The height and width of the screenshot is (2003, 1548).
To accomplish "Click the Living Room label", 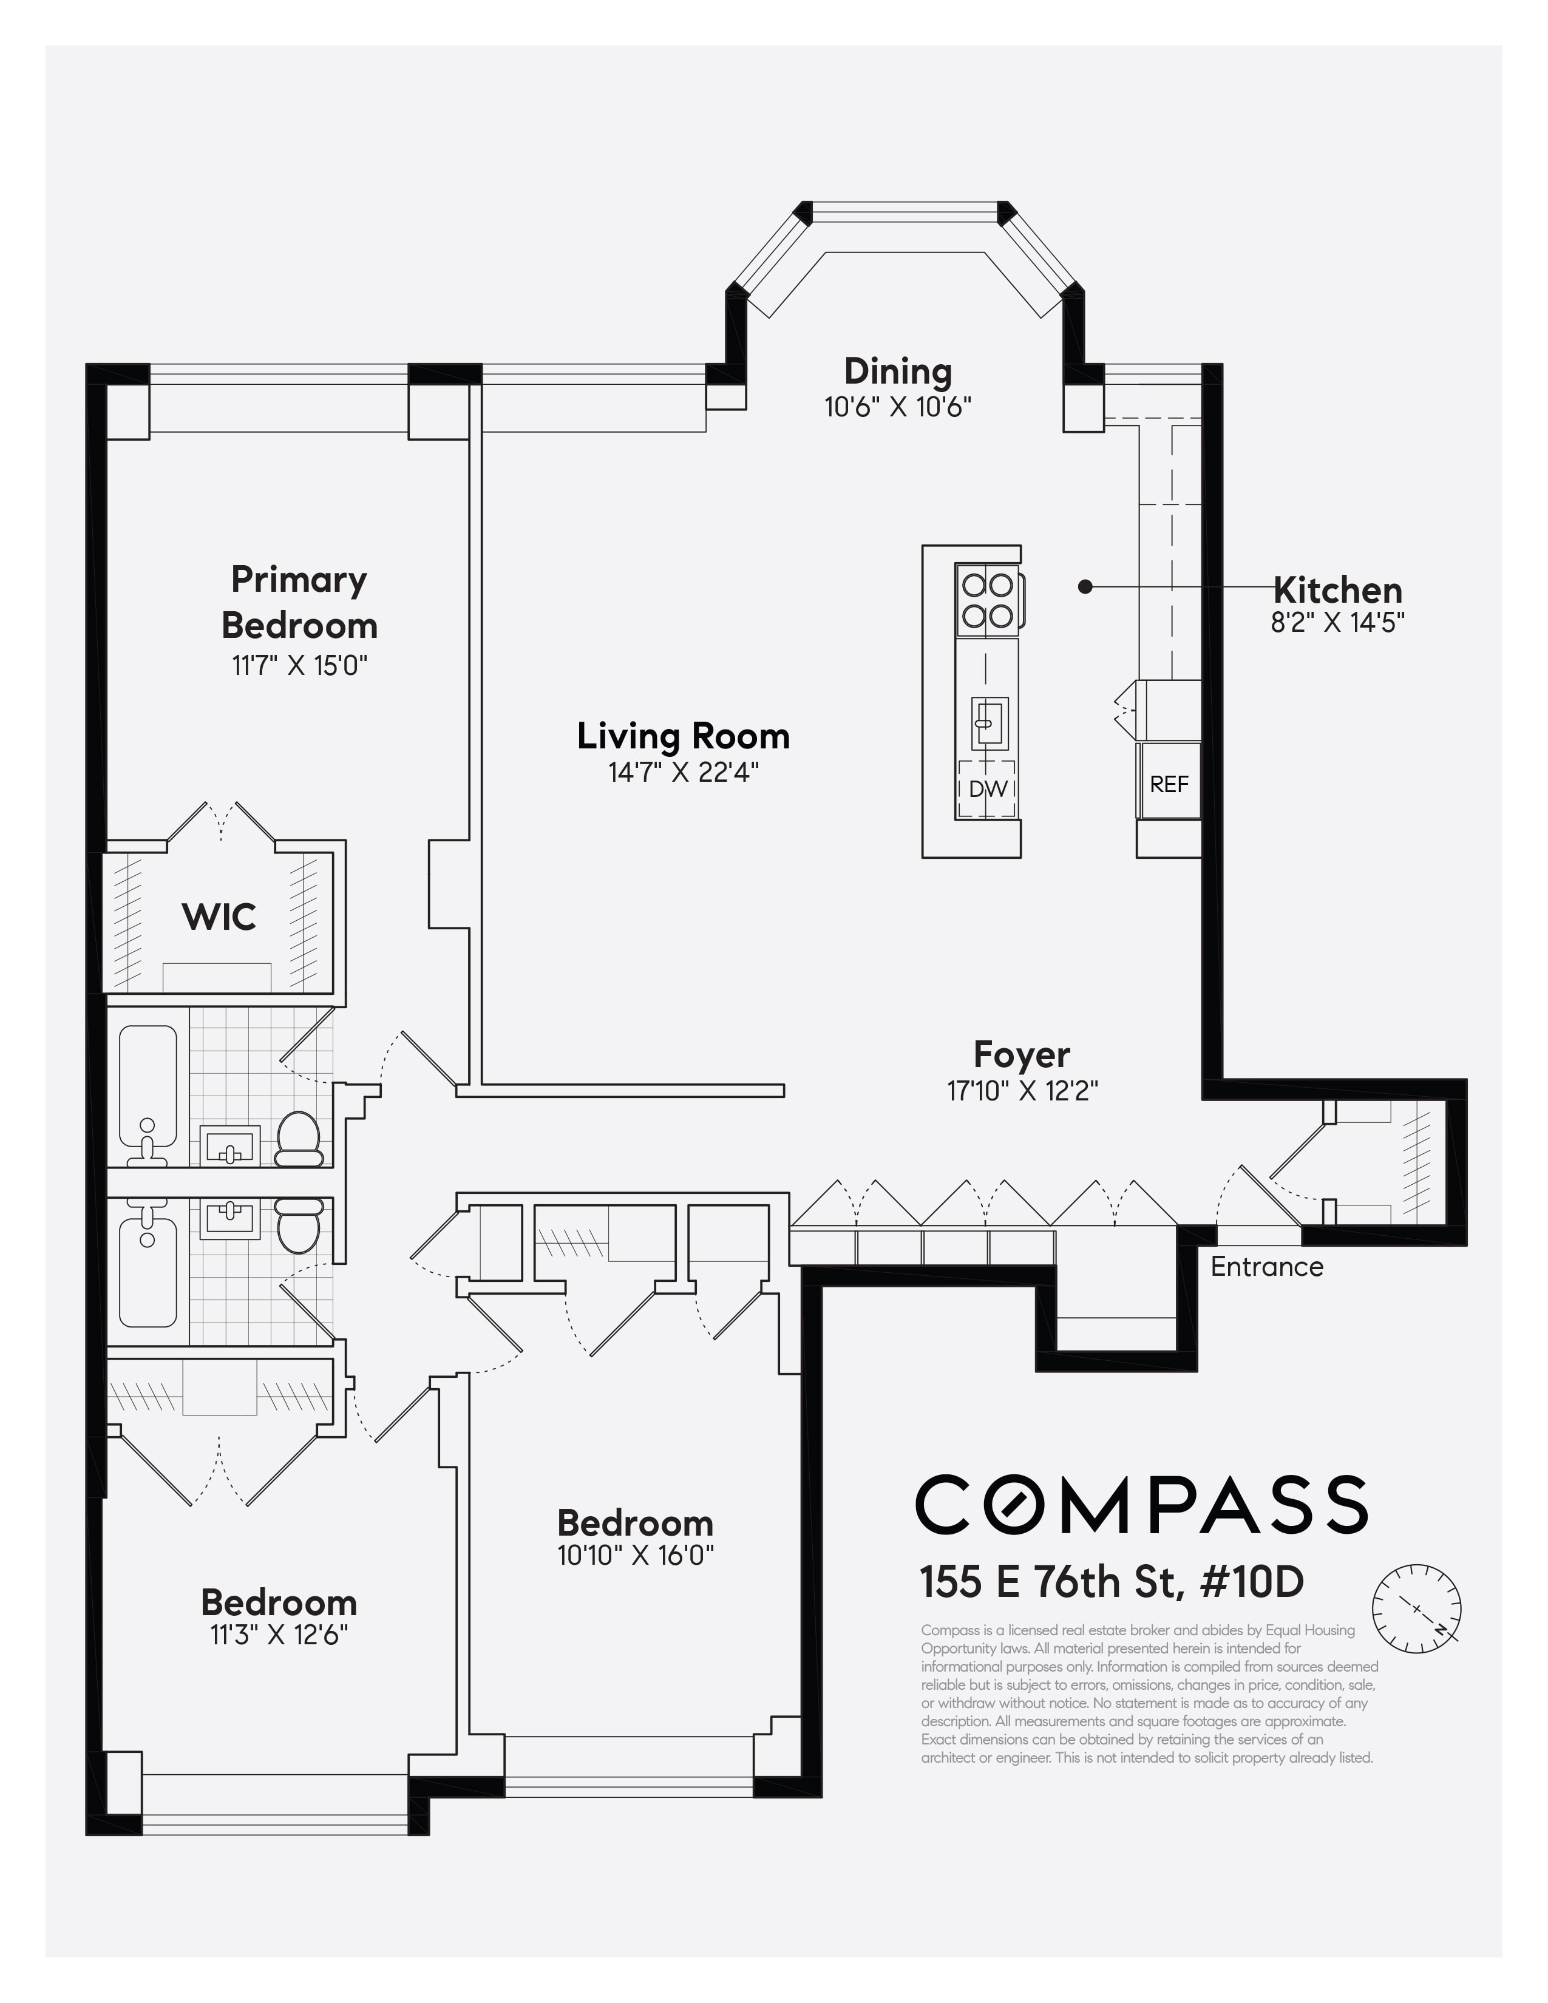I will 683,736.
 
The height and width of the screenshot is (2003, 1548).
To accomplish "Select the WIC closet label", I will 219,916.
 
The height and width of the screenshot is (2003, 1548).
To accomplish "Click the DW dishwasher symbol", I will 988,788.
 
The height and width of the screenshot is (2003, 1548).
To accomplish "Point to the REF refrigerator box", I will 1169,783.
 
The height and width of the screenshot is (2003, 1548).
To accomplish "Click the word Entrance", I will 1266,1267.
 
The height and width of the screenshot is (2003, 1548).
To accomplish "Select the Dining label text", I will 898,371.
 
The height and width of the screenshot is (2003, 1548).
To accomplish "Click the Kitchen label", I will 1337,590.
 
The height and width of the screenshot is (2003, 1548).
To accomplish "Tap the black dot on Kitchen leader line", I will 1085,587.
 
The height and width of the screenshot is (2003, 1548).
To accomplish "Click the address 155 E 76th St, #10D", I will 1112,1582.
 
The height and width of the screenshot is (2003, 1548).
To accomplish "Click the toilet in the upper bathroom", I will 298,1137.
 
